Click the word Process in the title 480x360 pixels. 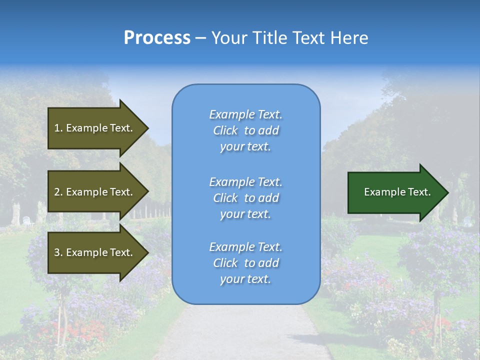[x=157, y=38]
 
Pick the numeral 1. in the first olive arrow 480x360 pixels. [x=58, y=128]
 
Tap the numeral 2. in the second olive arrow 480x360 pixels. [x=58, y=192]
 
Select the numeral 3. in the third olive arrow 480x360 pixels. [x=58, y=252]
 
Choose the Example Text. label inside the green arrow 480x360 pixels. [x=397, y=192]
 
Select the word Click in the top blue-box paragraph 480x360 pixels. [x=225, y=130]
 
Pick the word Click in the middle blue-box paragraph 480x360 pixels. [x=225, y=198]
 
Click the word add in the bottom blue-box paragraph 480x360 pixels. [x=268, y=263]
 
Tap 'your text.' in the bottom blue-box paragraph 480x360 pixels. [x=245, y=279]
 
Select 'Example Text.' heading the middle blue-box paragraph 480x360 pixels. [x=245, y=182]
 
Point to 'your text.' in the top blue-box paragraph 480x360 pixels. [x=245, y=146]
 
